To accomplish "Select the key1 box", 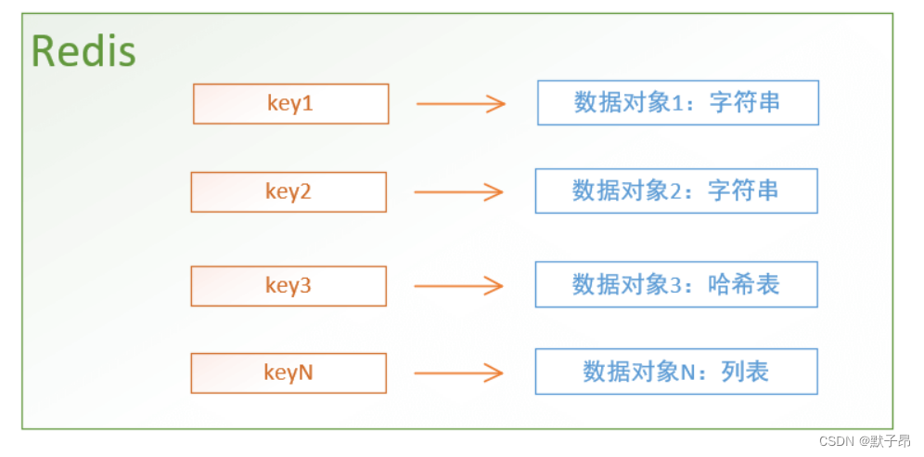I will pyautogui.click(x=290, y=103).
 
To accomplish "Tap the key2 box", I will pyautogui.click(x=289, y=191).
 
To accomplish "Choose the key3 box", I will pyautogui.click(x=289, y=285).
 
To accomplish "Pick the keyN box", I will pyautogui.click(x=289, y=372).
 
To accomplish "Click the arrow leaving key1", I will pyautogui.click(x=461, y=103).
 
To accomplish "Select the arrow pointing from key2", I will pyautogui.click(x=458, y=192).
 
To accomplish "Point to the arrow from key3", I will pyautogui.click(x=458, y=286).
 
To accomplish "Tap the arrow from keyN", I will pyautogui.click(x=458, y=373).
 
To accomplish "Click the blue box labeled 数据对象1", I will pyautogui.click(x=677, y=102).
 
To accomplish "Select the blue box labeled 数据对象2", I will pyautogui.click(x=675, y=190).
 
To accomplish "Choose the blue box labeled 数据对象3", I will pyautogui.click(x=675, y=284).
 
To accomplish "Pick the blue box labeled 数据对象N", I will pyautogui.click(x=675, y=372).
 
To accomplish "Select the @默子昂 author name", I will pyautogui.click(x=884, y=441).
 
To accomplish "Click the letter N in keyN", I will pyautogui.click(x=305, y=372).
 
